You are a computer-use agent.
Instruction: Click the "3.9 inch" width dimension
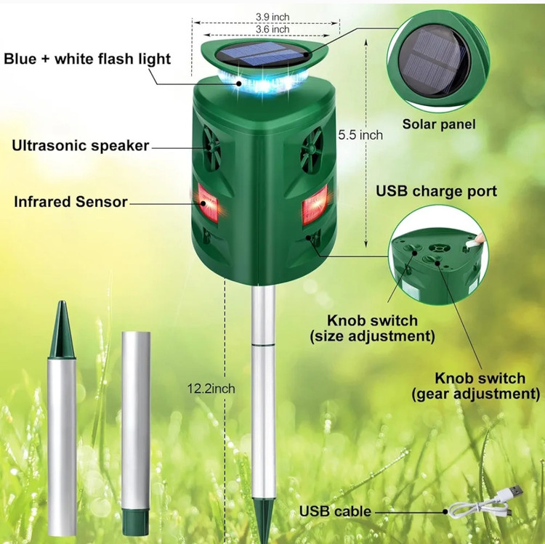(x=272, y=17)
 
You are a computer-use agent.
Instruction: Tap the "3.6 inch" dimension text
(x=272, y=29)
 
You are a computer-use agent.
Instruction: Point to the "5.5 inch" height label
(x=360, y=135)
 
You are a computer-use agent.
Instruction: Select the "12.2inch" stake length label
(x=211, y=389)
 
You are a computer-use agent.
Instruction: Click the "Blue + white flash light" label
(x=87, y=59)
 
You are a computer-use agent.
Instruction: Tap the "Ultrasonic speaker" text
(x=81, y=145)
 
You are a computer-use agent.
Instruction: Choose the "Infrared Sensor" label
(x=70, y=202)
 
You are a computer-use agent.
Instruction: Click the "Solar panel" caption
(x=439, y=124)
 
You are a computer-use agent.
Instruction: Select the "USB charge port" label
(x=437, y=191)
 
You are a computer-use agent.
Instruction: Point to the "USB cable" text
(x=335, y=511)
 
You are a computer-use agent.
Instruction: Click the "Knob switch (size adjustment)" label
(x=372, y=328)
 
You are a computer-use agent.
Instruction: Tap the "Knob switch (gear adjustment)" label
(x=476, y=386)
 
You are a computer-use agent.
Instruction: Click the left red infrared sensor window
(x=208, y=203)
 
